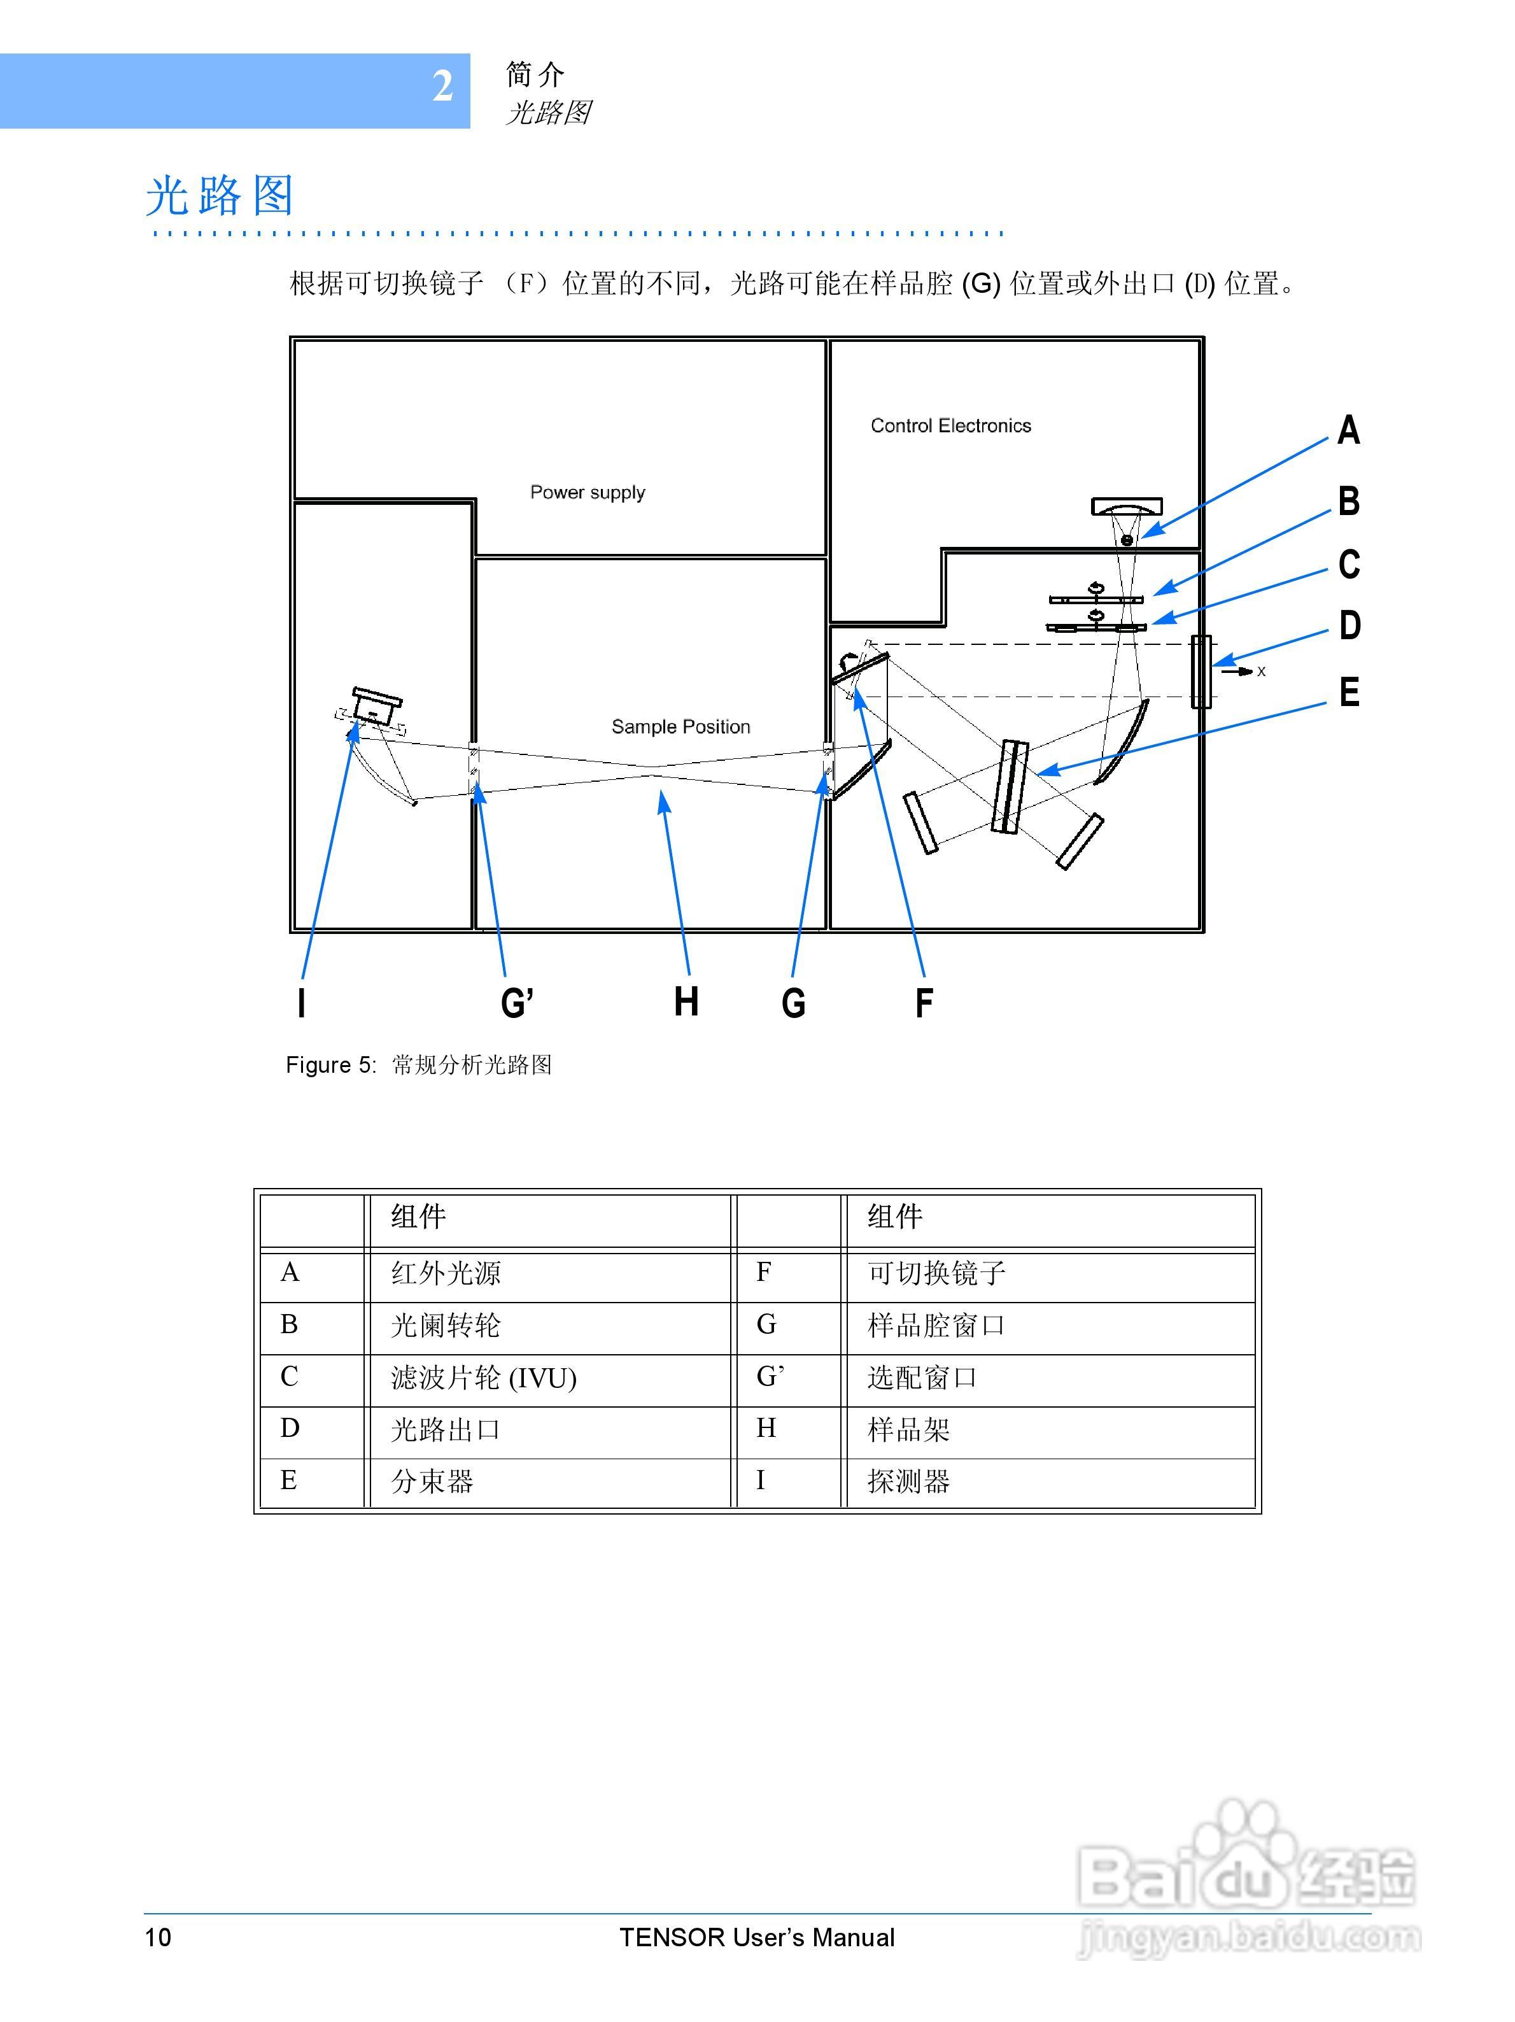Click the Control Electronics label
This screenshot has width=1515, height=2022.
pyautogui.click(x=950, y=426)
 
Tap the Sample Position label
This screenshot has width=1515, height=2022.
pyautogui.click(x=680, y=726)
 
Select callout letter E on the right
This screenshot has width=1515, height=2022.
pyautogui.click(x=1349, y=692)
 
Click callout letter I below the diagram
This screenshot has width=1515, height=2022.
pyautogui.click(x=302, y=1003)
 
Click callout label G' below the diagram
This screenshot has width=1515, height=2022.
pyautogui.click(x=516, y=1003)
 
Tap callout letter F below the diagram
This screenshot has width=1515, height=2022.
pyautogui.click(x=924, y=1003)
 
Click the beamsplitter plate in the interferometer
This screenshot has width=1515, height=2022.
pyautogui.click(x=1010, y=787)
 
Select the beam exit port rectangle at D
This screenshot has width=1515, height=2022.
pyautogui.click(x=1201, y=672)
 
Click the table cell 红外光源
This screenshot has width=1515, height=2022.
pyautogui.click(x=446, y=1273)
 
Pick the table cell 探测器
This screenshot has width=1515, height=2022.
pyautogui.click(x=908, y=1481)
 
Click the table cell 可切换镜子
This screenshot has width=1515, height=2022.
pyautogui.click(x=936, y=1273)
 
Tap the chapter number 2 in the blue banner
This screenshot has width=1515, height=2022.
pyautogui.click(x=442, y=87)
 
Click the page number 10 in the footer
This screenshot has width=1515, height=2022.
pyautogui.click(x=158, y=1937)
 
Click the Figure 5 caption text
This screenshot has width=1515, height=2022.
pyautogui.click(x=418, y=1065)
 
